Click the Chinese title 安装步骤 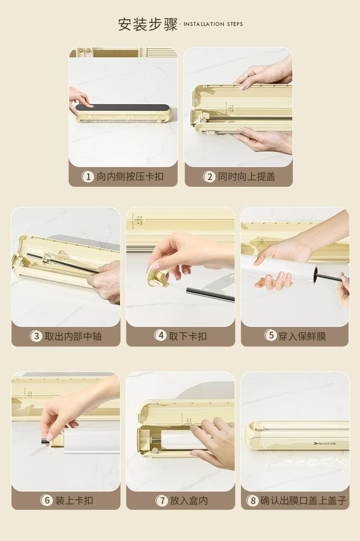[x=148, y=24]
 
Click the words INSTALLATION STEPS [x=213, y=24]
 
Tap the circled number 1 [x=88, y=177]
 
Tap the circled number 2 [x=209, y=177]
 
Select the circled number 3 [x=36, y=336]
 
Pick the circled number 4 [x=160, y=335]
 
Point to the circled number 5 [x=271, y=335]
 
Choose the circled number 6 [x=47, y=500]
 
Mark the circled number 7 [x=162, y=500]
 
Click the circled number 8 [x=252, y=500]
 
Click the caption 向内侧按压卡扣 [x=130, y=177]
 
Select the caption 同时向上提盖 [x=246, y=177]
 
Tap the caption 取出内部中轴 [x=73, y=336]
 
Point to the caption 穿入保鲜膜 [x=302, y=336]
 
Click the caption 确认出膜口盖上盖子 [x=303, y=500]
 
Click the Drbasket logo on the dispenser [x=324, y=444]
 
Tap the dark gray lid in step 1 [x=122, y=108]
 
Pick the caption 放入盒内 [x=189, y=500]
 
